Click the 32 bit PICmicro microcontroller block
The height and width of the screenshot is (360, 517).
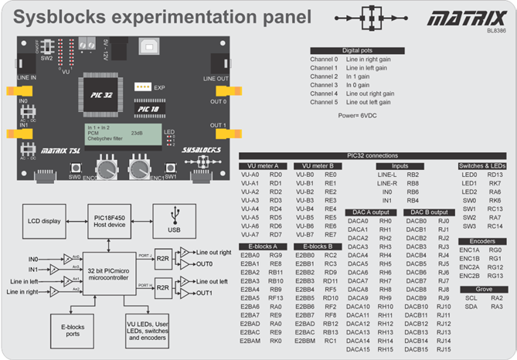111,273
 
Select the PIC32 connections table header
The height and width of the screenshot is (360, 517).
372,155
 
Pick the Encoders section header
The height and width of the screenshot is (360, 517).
482,240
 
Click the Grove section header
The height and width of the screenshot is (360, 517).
482,287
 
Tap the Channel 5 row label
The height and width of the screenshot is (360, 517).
325,102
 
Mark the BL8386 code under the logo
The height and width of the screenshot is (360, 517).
496,31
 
